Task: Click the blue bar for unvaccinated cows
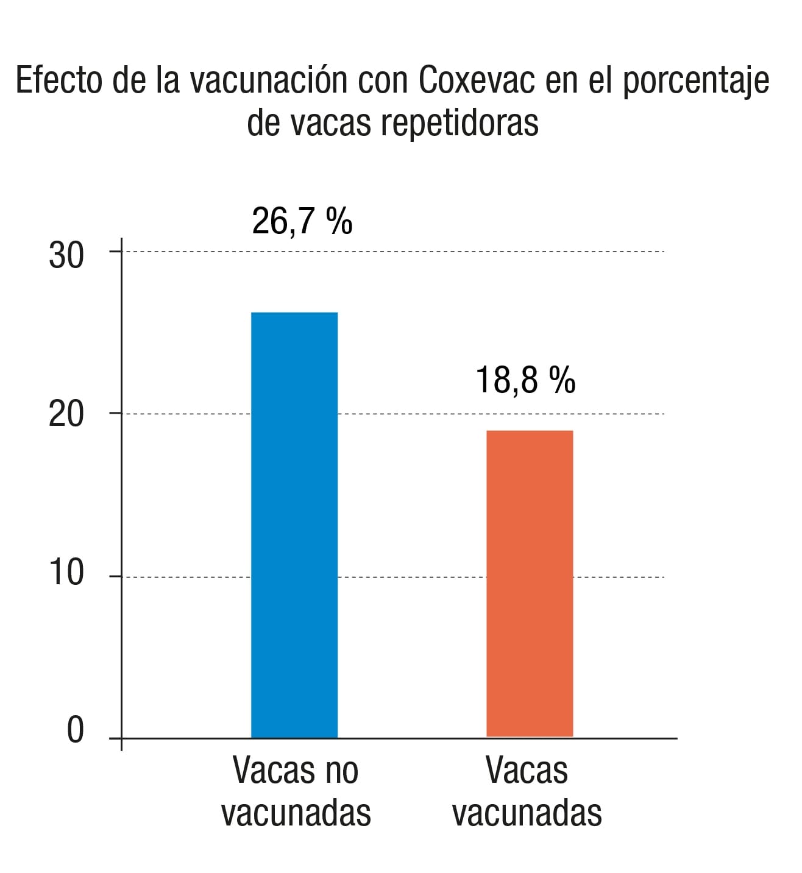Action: pyautogui.click(x=294, y=524)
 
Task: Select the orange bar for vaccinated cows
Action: pyautogui.click(x=530, y=583)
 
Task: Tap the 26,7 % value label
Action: pyautogui.click(x=302, y=221)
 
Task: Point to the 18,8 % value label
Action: pyautogui.click(x=525, y=380)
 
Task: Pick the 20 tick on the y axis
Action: pyautogui.click(x=66, y=415)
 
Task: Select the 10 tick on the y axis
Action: pyautogui.click(x=66, y=573)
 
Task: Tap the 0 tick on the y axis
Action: pyautogui.click(x=74, y=729)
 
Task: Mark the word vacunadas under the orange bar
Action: pyautogui.click(x=527, y=813)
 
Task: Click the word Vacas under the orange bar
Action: pyautogui.click(x=527, y=771)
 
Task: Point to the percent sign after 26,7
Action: pyautogui.click(x=339, y=221)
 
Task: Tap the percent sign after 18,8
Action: pyautogui.click(x=562, y=380)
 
